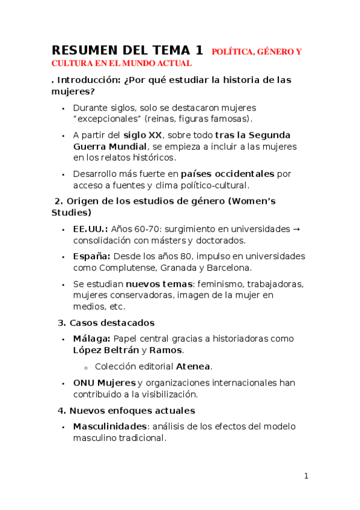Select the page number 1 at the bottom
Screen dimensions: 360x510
[306, 476]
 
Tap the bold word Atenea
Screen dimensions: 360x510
[193, 366]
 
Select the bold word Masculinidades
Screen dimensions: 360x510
[110, 426]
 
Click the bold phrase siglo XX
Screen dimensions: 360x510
[142, 135]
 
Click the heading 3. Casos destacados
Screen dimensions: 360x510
[106, 323]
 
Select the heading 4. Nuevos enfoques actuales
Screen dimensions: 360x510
[126, 411]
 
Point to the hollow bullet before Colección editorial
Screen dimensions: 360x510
[87, 366]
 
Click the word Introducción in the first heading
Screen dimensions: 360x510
[88, 79]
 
